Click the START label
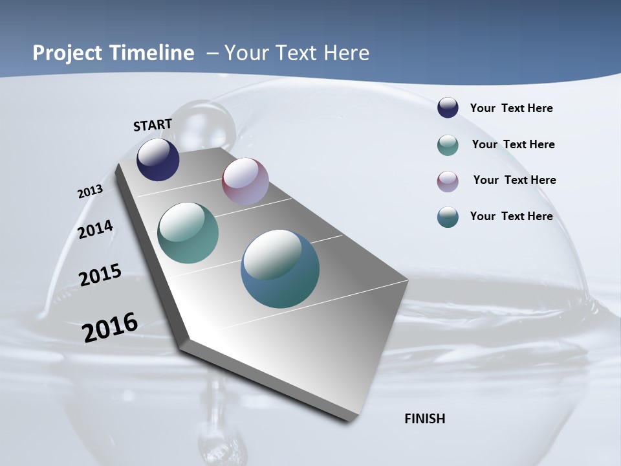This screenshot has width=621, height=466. coord(153,125)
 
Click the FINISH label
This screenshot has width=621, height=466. coord(424,419)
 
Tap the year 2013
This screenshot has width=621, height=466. coord(90,192)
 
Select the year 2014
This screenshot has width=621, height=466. coord(96,230)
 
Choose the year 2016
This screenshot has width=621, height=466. coord(110,327)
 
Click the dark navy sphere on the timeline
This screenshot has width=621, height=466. coord(158,160)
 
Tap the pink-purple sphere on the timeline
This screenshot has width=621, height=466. coord(245,181)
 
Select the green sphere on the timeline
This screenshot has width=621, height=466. coord(188,233)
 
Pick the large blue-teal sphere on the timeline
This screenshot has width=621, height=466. coord(280,268)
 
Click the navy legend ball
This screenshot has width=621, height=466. coord(448,108)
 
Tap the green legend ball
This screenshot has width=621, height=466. coord(448,145)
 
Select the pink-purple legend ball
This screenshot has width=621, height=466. coord(448,181)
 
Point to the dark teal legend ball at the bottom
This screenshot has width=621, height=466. coord(448,217)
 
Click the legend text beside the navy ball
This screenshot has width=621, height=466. coord(511,108)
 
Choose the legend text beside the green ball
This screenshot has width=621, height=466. coord(513,144)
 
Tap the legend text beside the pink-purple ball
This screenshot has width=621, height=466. coord(514,180)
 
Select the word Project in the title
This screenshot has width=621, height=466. coord(66,53)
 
